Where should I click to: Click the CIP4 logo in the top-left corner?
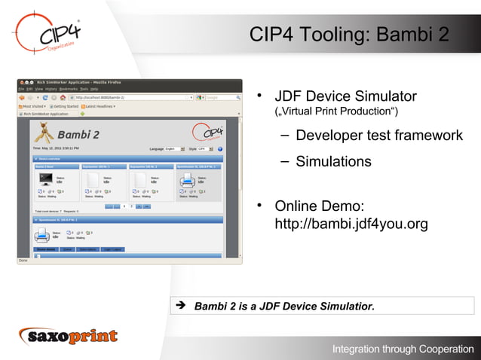point(47,34)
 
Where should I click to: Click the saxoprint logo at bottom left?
point(69,336)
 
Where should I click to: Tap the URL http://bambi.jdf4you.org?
point(351,224)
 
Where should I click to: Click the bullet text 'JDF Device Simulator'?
point(345,96)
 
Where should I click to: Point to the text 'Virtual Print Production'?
point(336,113)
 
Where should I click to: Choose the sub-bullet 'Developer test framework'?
point(378,136)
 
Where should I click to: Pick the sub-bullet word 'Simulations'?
point(333,161)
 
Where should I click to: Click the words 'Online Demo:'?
point(320,206)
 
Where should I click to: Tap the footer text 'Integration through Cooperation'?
point(403,349)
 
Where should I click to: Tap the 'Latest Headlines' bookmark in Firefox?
point(97,106)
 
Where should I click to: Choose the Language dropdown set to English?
point(174,149)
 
